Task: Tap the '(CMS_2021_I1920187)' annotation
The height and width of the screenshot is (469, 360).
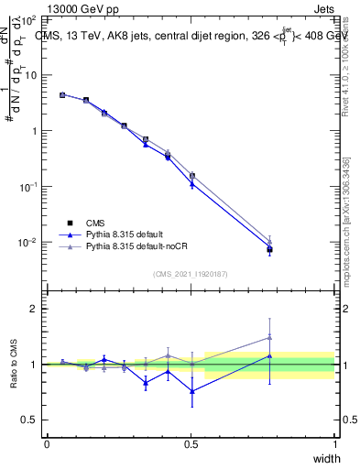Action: [191, 273]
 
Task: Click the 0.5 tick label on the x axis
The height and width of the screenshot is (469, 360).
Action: [191, 444]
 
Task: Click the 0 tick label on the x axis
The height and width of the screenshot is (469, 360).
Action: [47, 444]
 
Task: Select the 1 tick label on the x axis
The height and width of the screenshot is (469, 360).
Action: [334, 444]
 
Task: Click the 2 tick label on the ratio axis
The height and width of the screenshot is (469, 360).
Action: [33, 309]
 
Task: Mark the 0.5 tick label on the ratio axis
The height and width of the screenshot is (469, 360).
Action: [29, 420]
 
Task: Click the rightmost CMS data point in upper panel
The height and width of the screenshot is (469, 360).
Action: [269, 249]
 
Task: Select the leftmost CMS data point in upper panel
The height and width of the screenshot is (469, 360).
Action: [62, 94]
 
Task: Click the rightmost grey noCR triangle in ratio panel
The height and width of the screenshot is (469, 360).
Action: [269, 337]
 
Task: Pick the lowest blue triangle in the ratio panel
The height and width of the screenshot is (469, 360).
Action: [191, 391]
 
